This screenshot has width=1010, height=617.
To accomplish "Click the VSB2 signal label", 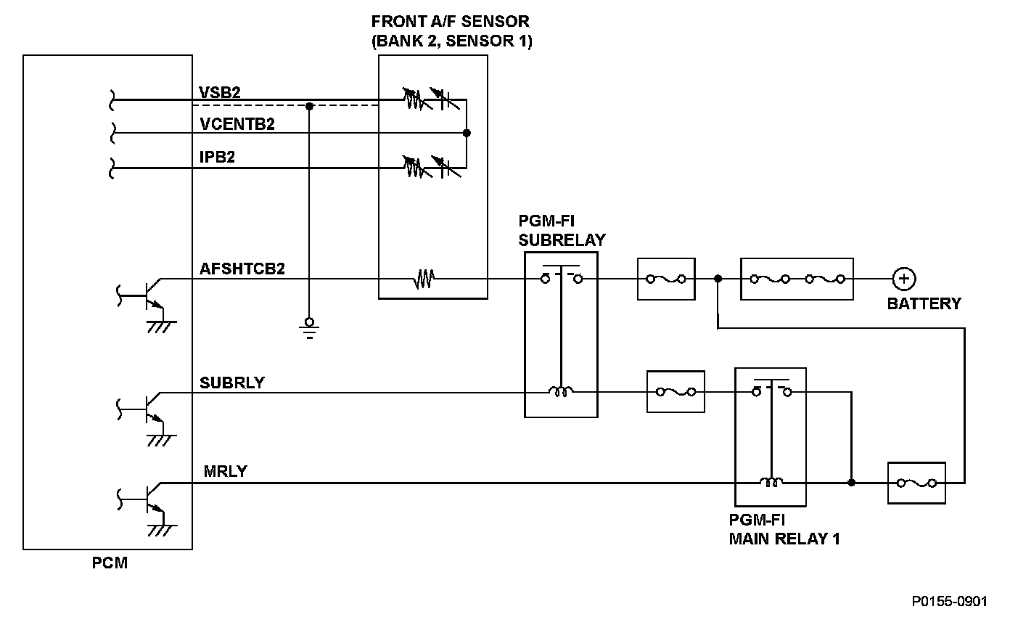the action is coord(220,92).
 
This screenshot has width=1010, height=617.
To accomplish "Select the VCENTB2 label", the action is coord(237,124).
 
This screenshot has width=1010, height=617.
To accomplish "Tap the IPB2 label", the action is coord(217,157).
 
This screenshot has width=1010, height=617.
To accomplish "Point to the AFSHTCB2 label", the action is coord(242,269).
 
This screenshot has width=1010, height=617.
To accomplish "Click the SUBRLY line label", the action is coord(231,383).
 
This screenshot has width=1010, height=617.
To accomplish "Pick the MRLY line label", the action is coord(225,471).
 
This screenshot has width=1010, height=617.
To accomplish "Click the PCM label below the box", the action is coord(110,563).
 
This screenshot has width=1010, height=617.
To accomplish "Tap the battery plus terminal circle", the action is coord(904,279).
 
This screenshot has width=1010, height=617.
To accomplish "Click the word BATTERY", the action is coord(924,303).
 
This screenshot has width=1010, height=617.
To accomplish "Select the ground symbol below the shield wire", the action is coord(309,328).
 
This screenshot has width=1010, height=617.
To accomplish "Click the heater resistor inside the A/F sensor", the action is coord(424,279).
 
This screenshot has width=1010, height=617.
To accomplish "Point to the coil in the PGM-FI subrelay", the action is coord(561,391).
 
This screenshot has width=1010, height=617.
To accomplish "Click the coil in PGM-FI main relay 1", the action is coord(771,482).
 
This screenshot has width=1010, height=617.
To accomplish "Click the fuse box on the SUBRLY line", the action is coord(676,391).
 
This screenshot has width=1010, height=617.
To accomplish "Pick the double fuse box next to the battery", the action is coord(797,279).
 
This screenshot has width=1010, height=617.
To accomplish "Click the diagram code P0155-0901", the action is coord(949,601).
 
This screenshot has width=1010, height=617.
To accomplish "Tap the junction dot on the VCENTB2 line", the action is coord(467,133).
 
